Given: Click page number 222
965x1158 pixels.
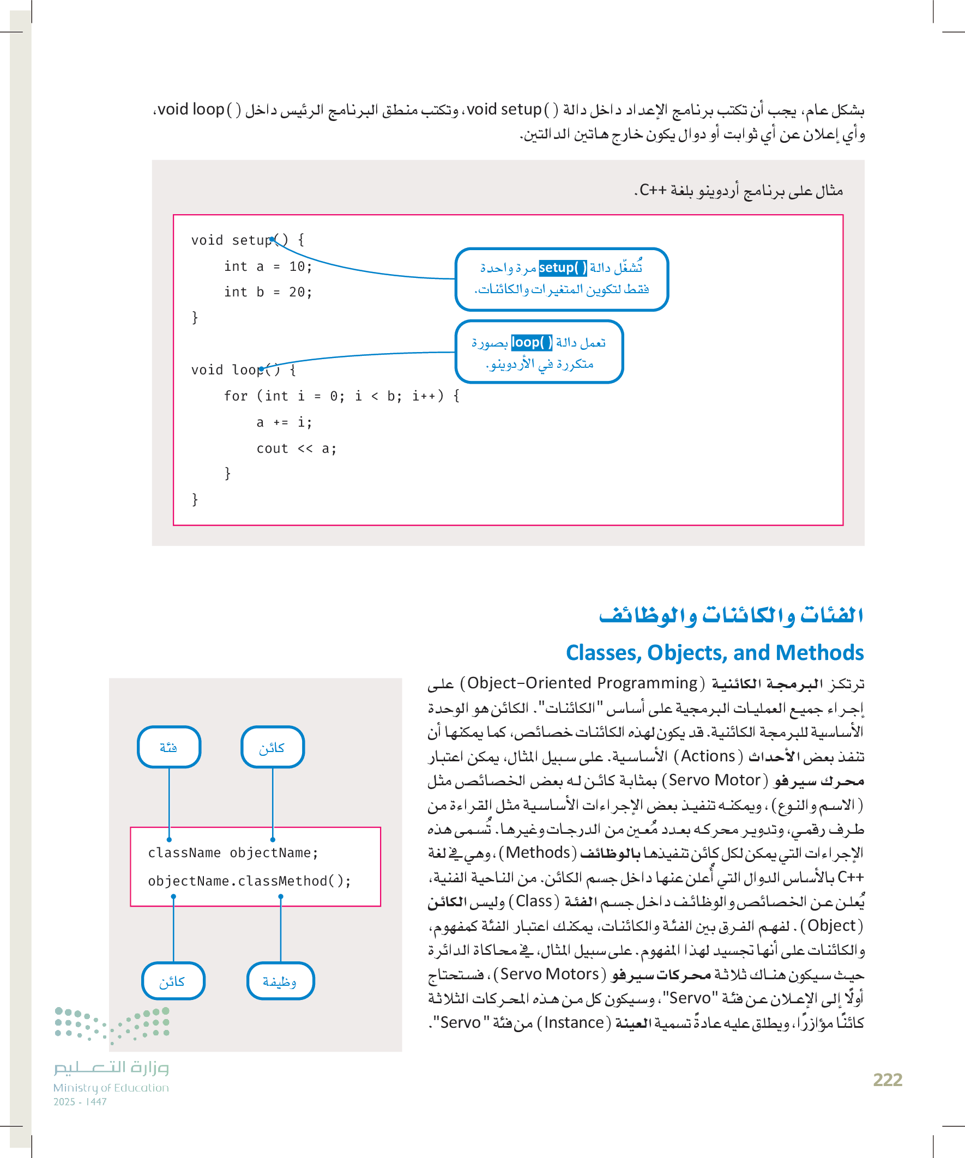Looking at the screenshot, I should click(x=887, y=1079).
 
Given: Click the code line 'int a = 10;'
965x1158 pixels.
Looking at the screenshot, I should click(x=268, y=267).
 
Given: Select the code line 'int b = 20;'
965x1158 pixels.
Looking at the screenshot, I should click(x=268, y=292).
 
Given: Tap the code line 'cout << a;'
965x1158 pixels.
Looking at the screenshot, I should click(x=296, y=449).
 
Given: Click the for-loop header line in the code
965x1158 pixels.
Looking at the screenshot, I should click(x=341, y=397).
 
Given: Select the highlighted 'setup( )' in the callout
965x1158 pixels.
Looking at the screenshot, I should click(x=563, y=268).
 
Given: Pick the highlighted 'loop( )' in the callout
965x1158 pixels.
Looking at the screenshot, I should click(x=532, y=342).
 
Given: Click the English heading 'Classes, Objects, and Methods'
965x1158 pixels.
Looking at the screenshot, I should click(x=715, y=653).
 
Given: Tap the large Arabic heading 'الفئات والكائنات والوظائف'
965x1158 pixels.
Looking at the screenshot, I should click(x=731, y=615).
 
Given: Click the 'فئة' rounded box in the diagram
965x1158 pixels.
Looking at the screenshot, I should click(x=169, y=747).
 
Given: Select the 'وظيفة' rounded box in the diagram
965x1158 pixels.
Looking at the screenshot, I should click(x=280, y=981).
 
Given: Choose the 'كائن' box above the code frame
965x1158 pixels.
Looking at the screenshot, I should click(x=273, y=747).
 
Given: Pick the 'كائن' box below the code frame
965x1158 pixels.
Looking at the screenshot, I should click(x=173, y=981).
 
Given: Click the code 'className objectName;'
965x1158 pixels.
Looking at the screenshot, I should click(x=233, y=853).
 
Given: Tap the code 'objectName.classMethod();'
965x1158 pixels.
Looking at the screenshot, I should click(x=249, y=881).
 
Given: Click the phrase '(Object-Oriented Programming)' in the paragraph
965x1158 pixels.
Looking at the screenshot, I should click(x=582, y=684).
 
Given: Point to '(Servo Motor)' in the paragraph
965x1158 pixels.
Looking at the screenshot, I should click(x=715, y=781).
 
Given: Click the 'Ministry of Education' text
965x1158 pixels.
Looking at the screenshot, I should click(x=111, y=1088).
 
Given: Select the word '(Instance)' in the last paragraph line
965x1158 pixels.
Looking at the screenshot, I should click(x=574, y=1023).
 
